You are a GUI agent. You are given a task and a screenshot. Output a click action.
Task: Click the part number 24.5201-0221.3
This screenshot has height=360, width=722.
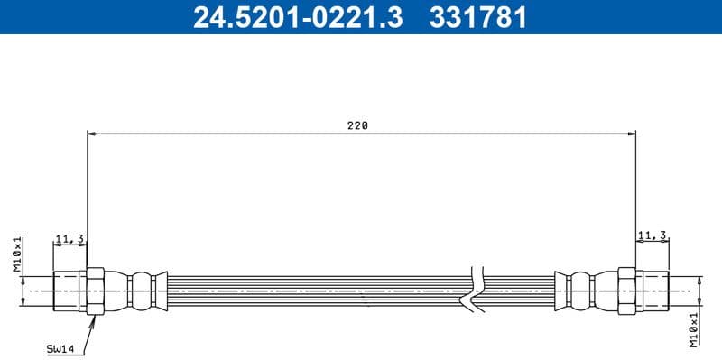click(x=297, y=17)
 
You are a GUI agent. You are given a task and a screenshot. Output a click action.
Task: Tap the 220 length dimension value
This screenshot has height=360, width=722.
click(x=358, y=126)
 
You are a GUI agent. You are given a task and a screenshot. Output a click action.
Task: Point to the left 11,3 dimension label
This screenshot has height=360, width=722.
click(x=69, y=238)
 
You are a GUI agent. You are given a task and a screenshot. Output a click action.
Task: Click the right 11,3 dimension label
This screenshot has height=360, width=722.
click(x=652, y=235)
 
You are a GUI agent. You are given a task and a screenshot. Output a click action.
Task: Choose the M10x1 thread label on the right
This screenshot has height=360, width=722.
click(x=693, y=329)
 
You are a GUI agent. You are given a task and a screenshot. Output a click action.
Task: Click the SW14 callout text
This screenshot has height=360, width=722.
click(x=60, y=347)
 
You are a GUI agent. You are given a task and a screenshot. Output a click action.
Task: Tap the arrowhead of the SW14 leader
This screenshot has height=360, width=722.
click(x=92, y=318)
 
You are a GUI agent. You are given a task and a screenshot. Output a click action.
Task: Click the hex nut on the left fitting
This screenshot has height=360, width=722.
click(x=96, y=291)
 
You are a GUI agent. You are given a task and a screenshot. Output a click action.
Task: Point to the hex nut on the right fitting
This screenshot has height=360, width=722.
click(x=627, y=291)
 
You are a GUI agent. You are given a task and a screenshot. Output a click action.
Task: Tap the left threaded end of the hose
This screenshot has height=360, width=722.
click(x=69, y=291)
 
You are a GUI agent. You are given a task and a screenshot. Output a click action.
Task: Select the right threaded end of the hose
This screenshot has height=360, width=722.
click(x=653, y=291)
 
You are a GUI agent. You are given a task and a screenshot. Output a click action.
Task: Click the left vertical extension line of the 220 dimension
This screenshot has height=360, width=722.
click(x=88, y=198)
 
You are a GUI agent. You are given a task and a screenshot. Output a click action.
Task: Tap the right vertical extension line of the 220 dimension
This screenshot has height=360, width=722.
click(x=636, y=198)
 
